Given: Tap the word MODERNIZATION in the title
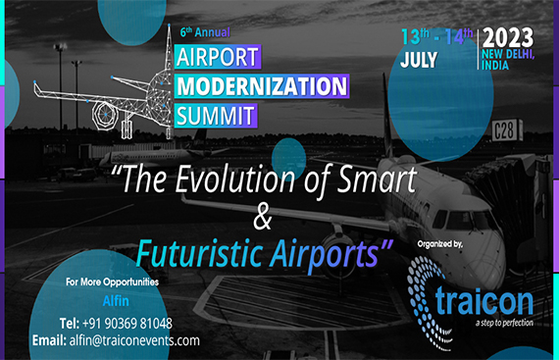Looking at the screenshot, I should tap(262, 85).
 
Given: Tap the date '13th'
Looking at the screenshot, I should tap(412, 36).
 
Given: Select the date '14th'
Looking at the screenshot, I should tap(453, 36).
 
